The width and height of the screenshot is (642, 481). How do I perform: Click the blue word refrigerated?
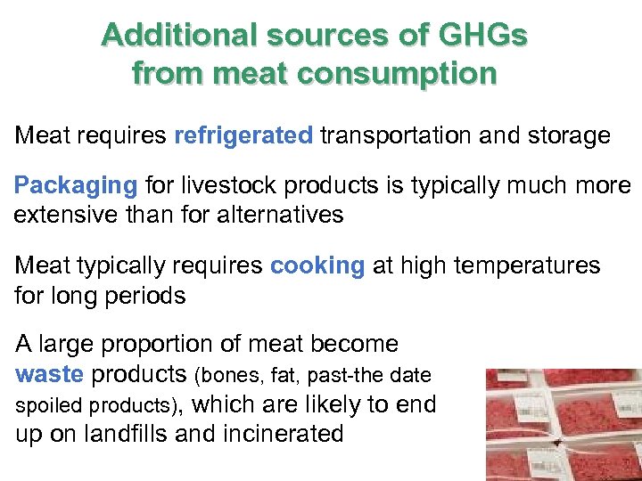point(243,135)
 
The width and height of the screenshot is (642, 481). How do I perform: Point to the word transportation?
point(407,135)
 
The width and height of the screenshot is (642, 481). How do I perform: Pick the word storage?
point(569,135)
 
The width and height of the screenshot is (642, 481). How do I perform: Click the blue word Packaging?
point(76,186)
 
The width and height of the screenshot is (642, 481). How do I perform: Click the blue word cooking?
point(317,265)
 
